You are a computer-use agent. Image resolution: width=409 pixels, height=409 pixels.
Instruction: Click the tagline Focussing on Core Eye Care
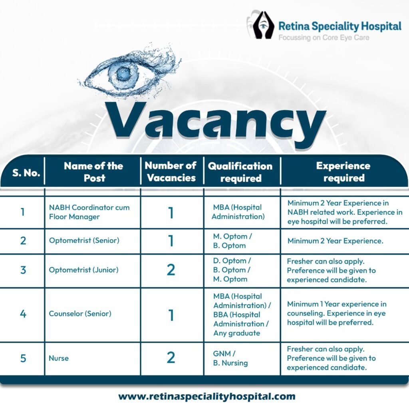pyautogui.click(x=324, y=38)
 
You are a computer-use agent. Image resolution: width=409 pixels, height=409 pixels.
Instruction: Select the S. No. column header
pyautogui.click(x=26, y=173)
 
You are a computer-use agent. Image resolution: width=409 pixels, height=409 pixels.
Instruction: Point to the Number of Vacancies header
pyautogui.click(x=171, y=171)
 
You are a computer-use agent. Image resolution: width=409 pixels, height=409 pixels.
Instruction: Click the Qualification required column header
pyautogui.click(x=240, y=172)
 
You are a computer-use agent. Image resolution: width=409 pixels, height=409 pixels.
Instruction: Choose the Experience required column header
pyautogui.click(x=343, y=172)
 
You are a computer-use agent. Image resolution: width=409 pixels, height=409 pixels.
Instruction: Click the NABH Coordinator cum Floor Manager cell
pyautogui.click(x=89, y=212)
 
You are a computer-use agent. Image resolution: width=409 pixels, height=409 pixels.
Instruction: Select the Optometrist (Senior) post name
pyautogui.click(x=84, y=240)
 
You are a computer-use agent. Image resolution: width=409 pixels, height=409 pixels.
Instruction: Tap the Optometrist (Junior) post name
pyautogui.click(x=83, y=270)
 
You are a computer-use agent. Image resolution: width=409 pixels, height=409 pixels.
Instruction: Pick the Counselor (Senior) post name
pyautogui.click(x=80, y=314)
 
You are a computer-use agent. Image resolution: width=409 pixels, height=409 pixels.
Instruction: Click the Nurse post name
pyautogui.click(x=59, y=358)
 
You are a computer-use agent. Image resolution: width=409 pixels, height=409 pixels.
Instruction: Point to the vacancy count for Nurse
pyautogui.click(x=171, y=357)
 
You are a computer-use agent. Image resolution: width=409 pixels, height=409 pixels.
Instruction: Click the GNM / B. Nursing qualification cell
pyautogui.click(x=230, y=358)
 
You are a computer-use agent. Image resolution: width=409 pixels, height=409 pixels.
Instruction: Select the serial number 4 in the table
pyautogui.click(x=23, y=314)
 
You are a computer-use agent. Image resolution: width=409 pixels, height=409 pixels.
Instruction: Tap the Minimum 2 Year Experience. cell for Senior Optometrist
pyautogui.click(x=336, y=240)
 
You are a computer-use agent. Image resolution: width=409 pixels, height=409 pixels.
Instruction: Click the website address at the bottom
pyautogui.click(x=206, y=397)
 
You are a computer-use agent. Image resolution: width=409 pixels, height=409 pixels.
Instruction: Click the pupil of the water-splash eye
pyautogui.click(x=122, y=73)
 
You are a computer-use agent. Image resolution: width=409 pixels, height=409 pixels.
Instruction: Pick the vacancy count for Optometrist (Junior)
pyautogui.click(x=171, y=270)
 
